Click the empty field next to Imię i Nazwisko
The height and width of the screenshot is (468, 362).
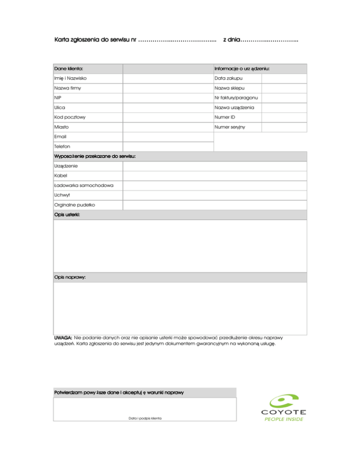[168, 78]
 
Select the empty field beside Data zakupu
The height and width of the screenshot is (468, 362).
[284, 78]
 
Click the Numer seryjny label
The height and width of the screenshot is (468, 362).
[230, 128]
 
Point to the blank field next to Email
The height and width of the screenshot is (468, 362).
[168, 137]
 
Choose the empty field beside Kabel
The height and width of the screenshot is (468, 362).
[214, 176]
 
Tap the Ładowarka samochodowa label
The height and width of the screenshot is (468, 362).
[84, 186]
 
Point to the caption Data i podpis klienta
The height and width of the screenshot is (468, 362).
[145, 418]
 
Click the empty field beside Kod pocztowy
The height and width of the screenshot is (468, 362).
[168, 118]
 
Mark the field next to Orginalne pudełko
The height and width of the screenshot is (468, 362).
[214, 205]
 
